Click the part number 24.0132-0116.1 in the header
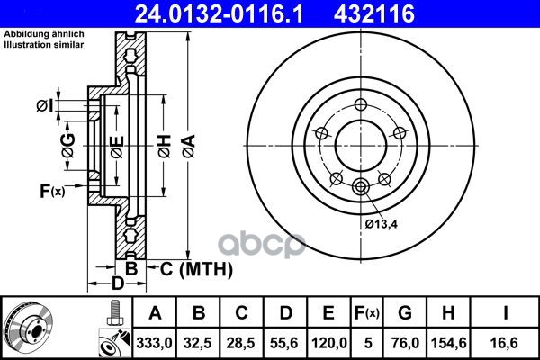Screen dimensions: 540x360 pos(219,14)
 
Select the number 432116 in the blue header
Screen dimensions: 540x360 pos(374,14)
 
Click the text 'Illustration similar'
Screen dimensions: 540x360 pos(44,44)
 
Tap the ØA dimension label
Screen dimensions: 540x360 pos(189,147)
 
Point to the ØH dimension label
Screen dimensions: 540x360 pos(165,147)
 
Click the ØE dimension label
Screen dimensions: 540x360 pos(117,148)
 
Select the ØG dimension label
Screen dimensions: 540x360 pos(68,146)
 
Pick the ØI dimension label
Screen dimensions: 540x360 pos(45,106)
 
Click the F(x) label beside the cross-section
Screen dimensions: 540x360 pos(52,191)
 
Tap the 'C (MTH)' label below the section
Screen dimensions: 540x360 pos(196,269)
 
